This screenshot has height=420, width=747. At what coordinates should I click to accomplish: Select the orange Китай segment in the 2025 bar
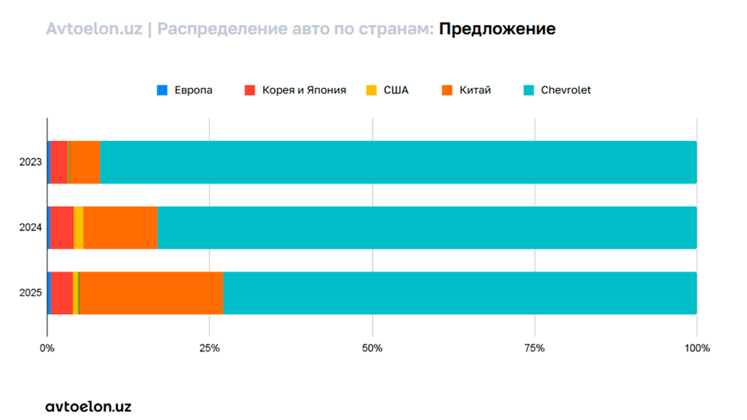tap(151, 293)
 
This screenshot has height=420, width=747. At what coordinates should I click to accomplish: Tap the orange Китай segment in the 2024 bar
tap(121, 227)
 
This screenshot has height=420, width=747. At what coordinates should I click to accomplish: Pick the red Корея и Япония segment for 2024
tap(62, 227)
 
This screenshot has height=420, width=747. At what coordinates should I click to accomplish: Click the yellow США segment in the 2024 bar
tap(79, 227)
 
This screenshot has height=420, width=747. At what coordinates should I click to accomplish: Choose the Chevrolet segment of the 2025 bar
tap(459, 293)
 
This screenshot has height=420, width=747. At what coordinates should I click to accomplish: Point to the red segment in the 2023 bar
tap(59, 162)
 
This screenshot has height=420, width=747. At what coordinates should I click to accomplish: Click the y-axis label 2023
tap(30, 162)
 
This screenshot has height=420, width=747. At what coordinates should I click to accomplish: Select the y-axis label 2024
tap(30, 227)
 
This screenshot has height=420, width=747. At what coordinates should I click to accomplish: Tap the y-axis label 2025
tap(30, 293)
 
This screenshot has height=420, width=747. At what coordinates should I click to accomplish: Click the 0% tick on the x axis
tap(47, 348)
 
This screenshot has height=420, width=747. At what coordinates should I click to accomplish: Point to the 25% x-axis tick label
tap(209, 348)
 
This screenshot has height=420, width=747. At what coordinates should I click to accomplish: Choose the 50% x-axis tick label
tap(372, 348)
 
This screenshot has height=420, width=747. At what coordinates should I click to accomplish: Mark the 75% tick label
tap(535, 348)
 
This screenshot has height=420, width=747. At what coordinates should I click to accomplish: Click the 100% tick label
tap(696, 348)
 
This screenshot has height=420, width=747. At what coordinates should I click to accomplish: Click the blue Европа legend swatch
tap(162, 90)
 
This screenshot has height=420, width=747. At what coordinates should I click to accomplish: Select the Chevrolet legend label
tap(566, 90)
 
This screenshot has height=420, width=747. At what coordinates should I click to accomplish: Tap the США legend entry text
tap(396, 90)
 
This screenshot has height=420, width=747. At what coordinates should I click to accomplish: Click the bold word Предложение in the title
tap(496, 30)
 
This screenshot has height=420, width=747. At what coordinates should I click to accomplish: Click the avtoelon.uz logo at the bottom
tap(88, 406)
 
